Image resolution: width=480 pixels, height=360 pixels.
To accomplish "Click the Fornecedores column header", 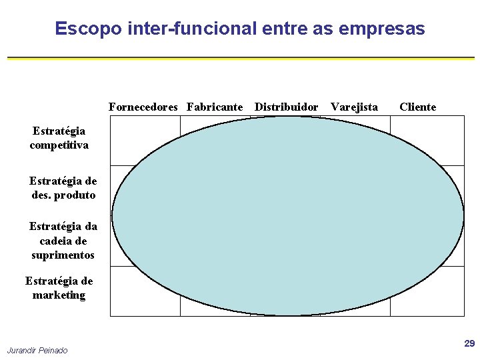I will click(143, 107).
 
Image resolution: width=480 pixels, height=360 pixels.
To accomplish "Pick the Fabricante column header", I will click(215, 107).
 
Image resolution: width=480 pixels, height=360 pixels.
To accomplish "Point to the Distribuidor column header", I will click(287, 107).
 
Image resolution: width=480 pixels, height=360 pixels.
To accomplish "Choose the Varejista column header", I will click(354, 107).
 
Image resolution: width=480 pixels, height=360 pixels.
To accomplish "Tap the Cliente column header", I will click(417, 107).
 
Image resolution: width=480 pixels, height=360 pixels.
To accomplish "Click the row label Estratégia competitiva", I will click(59, 138).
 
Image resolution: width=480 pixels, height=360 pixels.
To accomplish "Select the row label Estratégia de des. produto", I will click(63, 188).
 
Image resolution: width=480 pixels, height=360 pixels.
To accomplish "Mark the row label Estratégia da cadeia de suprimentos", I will click(63, 241).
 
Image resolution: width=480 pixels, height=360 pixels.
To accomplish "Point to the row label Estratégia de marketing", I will click(59, 288).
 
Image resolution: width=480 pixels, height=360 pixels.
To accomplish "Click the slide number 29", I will click(469, 343).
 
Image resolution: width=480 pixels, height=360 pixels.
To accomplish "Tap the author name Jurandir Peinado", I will click(37, 351).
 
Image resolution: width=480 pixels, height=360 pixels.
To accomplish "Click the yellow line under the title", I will click(240, 59).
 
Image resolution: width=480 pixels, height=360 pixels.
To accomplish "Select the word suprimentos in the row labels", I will click(63, 255).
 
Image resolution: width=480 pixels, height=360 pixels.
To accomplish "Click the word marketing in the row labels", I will click(59, 295).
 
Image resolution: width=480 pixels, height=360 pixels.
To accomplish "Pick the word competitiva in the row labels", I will click(59, 145).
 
